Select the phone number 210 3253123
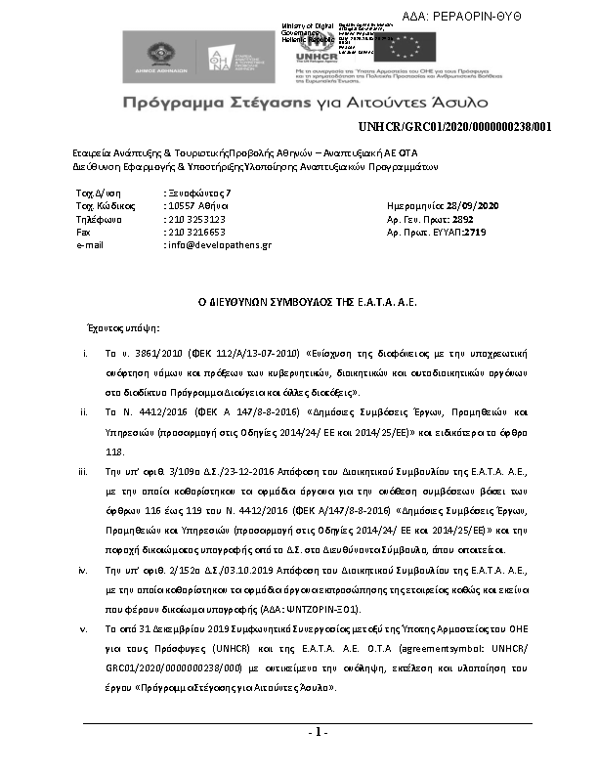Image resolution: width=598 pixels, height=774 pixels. [196, 220]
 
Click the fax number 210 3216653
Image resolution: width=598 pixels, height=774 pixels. [196, 233]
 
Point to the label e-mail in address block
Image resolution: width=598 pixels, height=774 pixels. [90, 245]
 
